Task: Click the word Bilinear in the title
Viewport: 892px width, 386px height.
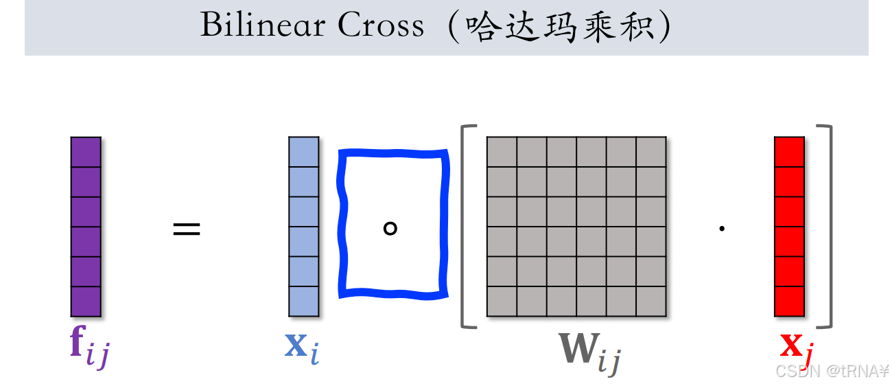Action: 263,25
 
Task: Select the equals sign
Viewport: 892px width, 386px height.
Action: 187,229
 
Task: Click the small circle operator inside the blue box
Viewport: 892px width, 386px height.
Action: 390,228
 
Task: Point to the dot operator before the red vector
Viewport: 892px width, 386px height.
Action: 722,229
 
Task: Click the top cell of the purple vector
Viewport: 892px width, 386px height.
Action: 86,152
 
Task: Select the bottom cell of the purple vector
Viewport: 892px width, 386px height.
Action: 86,301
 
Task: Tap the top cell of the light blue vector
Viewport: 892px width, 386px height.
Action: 304,152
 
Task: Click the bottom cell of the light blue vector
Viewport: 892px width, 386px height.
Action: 304,301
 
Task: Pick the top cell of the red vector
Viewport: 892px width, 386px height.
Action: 789,152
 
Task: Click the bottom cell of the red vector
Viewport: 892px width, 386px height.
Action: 789,301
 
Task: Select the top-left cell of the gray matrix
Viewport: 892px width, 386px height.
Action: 502,152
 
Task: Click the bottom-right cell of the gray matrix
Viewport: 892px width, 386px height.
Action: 651,301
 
